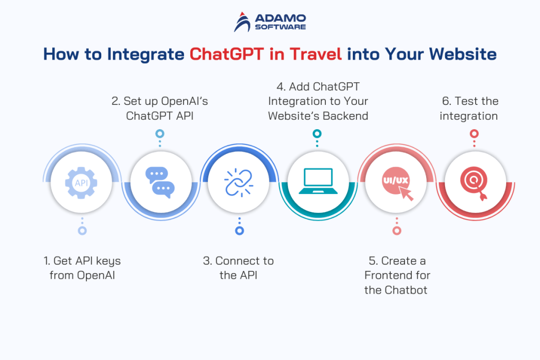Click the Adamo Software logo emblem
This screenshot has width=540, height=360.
[x=243, y=21]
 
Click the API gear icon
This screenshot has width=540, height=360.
[x=81, y=183]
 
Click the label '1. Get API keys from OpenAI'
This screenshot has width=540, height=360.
[x=82, y=268]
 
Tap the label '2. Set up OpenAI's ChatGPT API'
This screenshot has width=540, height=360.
[x=159, y=108]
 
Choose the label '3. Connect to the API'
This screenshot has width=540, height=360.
[x=238, y=268]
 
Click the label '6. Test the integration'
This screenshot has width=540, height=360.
[x=469, y=108]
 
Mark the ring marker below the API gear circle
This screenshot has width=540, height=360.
[x=82, y=230]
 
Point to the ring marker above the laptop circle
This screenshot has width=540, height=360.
[x=316, y=134]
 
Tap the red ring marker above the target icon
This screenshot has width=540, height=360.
[x=474, y=134]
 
